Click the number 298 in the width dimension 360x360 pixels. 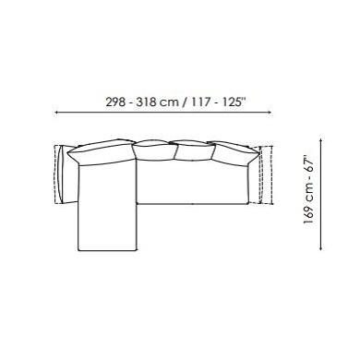click(115, 102)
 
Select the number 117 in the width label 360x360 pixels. click(200, 102)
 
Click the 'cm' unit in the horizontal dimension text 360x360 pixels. click(170, 102)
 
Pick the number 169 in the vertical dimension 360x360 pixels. click(308, 213)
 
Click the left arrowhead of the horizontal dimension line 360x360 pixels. click(56, 113)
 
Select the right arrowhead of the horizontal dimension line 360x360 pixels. click(270, 113)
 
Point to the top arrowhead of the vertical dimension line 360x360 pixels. click(321, 141)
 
